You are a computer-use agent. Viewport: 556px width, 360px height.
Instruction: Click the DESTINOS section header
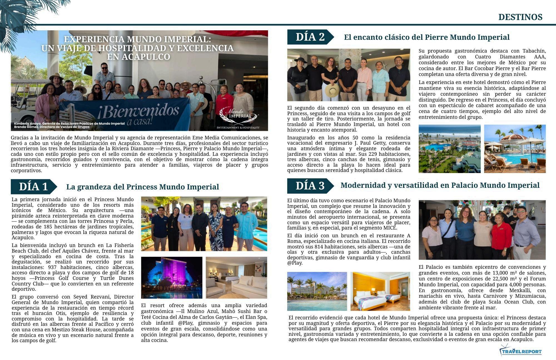(520, 17)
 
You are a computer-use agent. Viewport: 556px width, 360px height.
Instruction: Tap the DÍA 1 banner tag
(33, 187)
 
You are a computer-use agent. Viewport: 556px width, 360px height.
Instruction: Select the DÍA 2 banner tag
(310, 37)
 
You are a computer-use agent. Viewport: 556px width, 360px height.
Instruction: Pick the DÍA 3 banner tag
(310, 186)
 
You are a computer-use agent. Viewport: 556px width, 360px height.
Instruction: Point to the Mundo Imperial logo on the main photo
(239, 115)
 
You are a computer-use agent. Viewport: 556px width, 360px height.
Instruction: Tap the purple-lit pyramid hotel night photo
(172, 277)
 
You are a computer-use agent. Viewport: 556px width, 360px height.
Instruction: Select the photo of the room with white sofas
(236, 277)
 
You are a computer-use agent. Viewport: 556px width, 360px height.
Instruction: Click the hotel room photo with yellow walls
(380, 291)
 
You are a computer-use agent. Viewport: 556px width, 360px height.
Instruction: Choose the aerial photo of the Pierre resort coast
(450, 149)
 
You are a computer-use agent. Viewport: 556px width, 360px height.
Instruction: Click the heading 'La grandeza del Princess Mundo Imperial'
(142, 187)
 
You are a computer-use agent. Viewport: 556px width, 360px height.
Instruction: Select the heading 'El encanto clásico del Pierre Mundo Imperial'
(427, 37)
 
